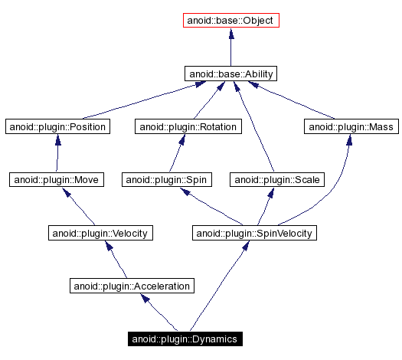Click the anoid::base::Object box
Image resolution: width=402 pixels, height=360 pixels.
coord(231,21)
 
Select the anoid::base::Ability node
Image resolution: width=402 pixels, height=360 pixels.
coord(231,74)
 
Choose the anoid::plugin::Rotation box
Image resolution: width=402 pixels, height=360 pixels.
coord(188,126)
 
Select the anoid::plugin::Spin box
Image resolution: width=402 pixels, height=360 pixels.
coord(167,179)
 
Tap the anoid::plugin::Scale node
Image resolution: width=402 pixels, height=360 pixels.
coord(279,179)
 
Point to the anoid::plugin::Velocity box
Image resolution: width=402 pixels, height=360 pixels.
coord(99,232)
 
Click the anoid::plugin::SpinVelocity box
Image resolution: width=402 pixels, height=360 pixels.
coord(254,232)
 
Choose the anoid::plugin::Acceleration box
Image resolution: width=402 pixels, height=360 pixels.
coord(131,286)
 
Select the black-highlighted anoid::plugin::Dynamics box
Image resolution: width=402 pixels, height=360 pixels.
coord(185,339)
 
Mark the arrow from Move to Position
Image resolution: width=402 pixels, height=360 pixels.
coord(57,153)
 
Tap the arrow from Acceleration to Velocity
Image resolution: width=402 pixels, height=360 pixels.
coord(116,259)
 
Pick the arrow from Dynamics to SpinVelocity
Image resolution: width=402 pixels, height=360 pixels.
coord(222,283)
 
